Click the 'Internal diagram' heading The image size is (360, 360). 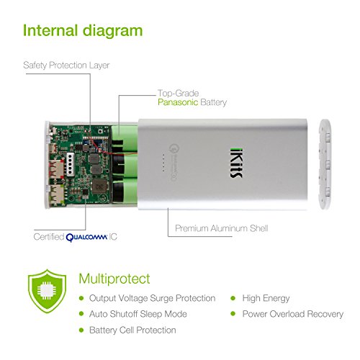[x=83, y=31]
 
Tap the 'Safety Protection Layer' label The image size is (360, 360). [x=66, y=66]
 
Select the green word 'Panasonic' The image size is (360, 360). [x=178, y=102]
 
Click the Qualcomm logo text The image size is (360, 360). [x=86, y=238]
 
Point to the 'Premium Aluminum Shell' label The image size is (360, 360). [x=222, y=228]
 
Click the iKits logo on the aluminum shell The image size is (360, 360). [x=236, y=163]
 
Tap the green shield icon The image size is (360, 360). [x=47, y=291]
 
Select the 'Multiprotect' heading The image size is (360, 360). [x=114, y=279]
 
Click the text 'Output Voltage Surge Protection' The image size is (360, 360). [x=152, y=298]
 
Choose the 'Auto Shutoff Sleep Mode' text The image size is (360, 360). [x=138, y=314]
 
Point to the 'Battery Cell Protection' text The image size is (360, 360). [x=132, y=330]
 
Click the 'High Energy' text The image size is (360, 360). [x=266, y=299]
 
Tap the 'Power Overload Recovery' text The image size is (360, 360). [x=293, y=314]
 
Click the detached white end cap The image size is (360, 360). [x=325, y=164]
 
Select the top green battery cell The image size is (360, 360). [x=125, y=139]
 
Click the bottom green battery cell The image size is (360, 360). [x=125, y=191]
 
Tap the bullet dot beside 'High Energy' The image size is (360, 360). [x=233, y=298]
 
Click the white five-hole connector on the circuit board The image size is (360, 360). [x=71, y=164]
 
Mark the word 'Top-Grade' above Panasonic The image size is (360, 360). [x=179, y=94]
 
